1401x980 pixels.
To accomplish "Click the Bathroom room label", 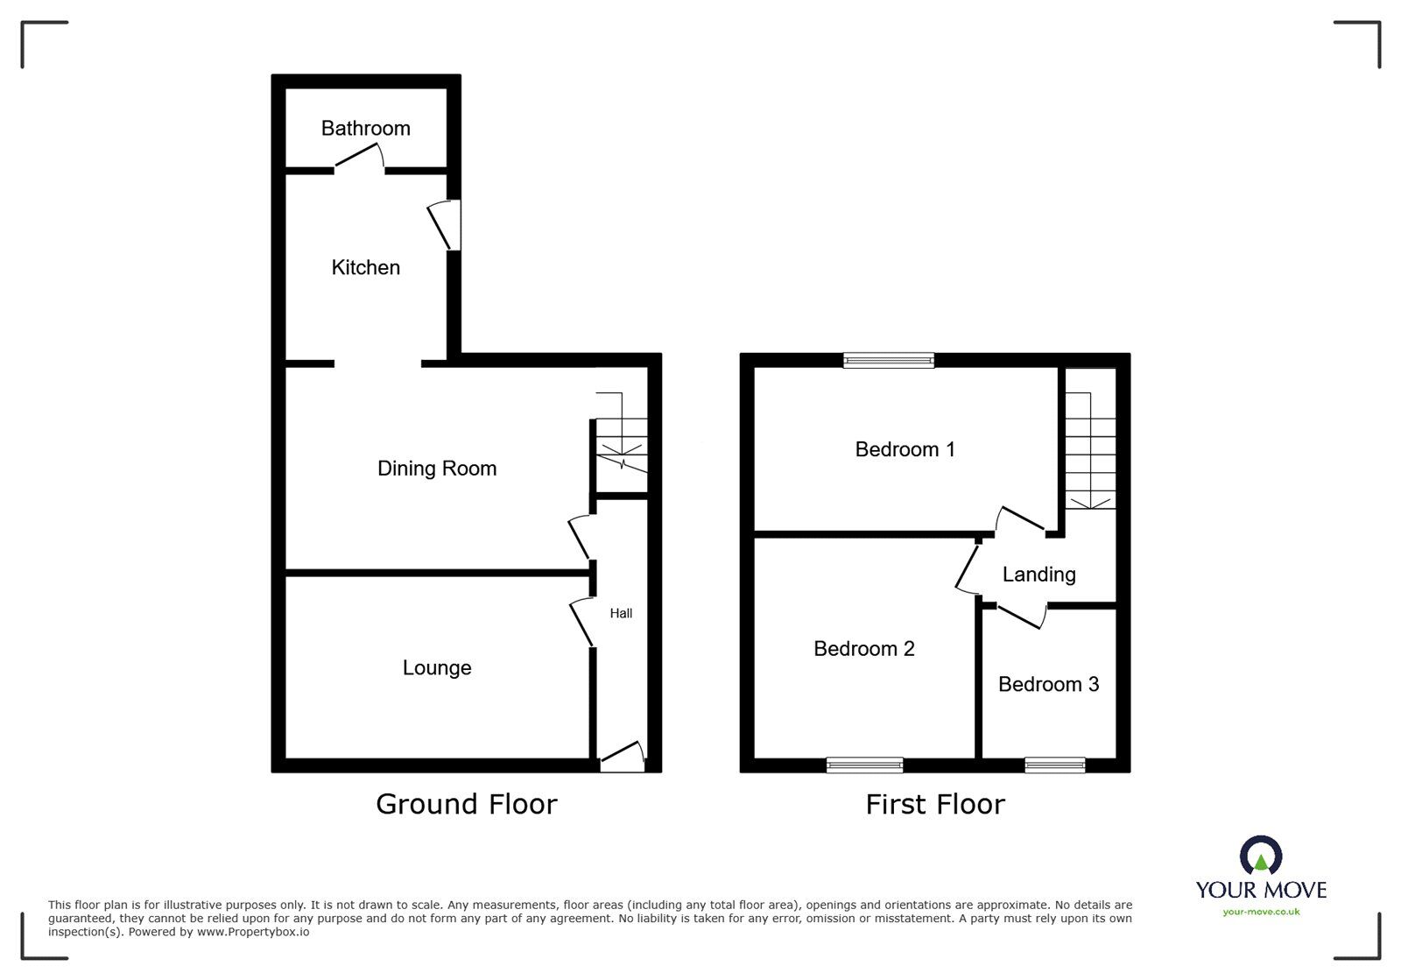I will pyautogui.click(x=365, y=129).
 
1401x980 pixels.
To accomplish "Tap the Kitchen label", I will pyautogui.click(x=365, y=268).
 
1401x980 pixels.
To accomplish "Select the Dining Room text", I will pyautogui.click(x=437, y=469).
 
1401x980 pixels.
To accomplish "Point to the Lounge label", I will pyautogui.click(x=437, y=668).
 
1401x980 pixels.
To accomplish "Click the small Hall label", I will pyautogui.click(x=621, y=614).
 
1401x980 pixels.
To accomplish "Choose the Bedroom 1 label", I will pyautogui.click(x=905, y=449).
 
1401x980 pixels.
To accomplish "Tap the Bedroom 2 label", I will pyautogui.click(x=863, y=649).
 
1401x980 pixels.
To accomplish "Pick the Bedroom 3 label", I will pyautogui.click(x=1048, y=685).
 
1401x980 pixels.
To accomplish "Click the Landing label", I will pyautogui.click(x=1038, y=575).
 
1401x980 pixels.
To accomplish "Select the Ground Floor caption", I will pyautogui.click(x=466, y=804).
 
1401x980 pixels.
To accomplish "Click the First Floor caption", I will pyautogui.click(x=935, y=804).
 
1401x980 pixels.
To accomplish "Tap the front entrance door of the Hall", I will pyautogui.click(x=623, y=757).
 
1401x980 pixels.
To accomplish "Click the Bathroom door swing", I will pyautogui.click(x=360, y=156).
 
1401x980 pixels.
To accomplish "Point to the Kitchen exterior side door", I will pyautogui.click(x=445, y=225).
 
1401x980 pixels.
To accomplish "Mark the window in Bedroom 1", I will pyautogui.click(x=889, y=359).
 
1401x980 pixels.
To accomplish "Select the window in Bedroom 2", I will pyautogui.click(x=864, y=765).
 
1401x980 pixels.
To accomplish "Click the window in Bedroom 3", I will pyautogui.click(x=1054, y=765).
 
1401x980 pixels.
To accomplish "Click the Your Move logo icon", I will pyautogui.click(x=1261, y=856).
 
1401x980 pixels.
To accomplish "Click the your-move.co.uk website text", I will pyautogui.click(x=1261, y=913).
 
